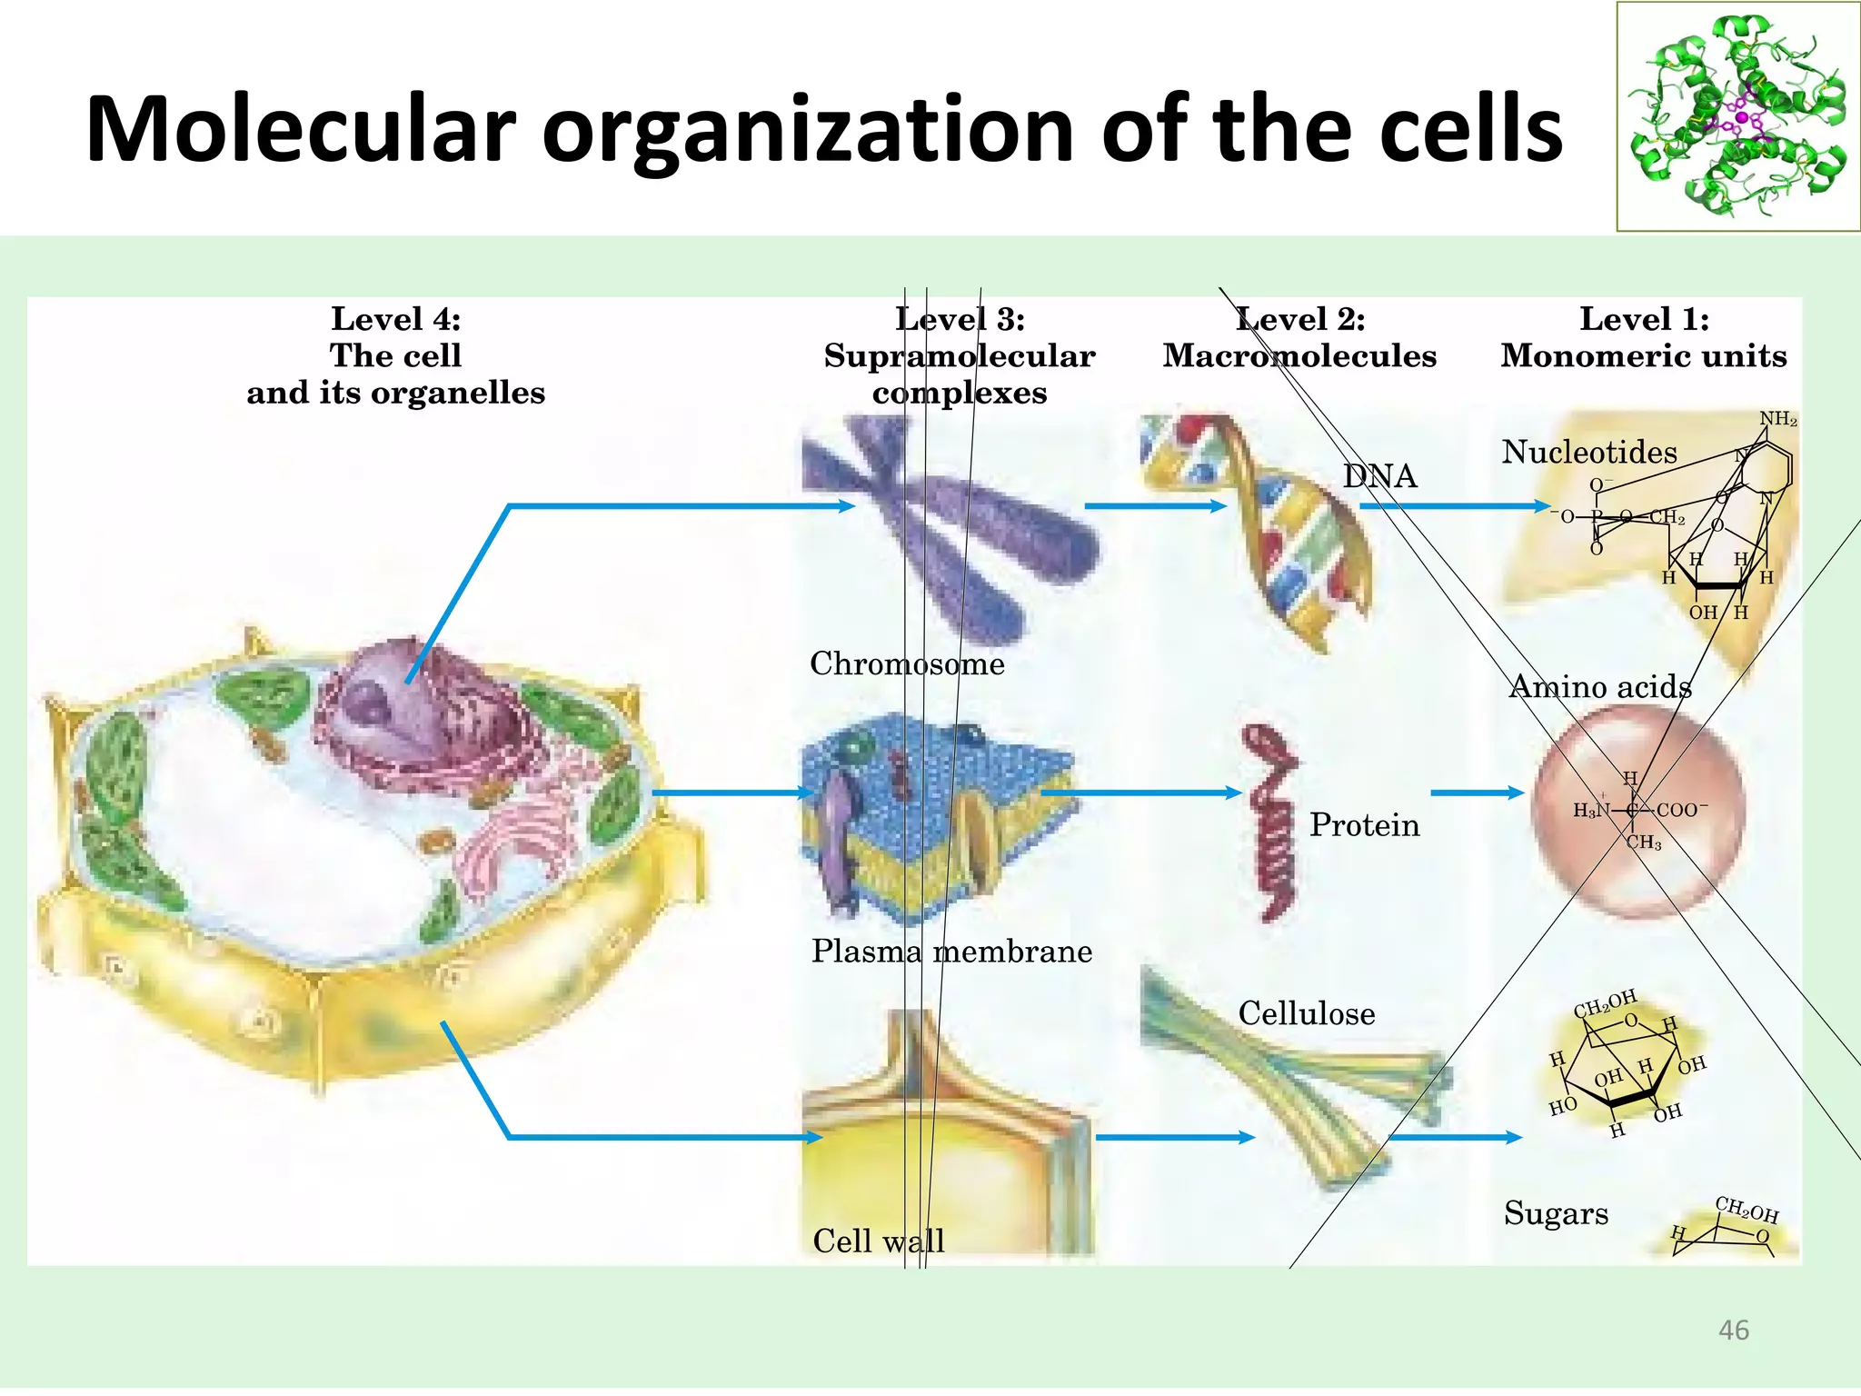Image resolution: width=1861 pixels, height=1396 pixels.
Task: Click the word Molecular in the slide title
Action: click(300, 129)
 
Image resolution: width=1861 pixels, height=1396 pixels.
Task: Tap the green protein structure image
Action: click(1737, 116)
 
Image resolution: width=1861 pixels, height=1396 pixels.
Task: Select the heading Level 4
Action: click(395, 319)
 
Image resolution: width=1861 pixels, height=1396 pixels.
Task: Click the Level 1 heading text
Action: click(1644, 319)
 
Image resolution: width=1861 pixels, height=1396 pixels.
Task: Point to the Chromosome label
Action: click(907, 663)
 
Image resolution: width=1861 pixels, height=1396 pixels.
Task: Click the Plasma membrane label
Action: click(951, 951)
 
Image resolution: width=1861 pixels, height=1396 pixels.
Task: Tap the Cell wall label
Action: click(878, 1241)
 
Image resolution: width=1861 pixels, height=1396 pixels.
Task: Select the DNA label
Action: click(1379, 476)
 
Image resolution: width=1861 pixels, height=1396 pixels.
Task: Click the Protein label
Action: click(1364, 825)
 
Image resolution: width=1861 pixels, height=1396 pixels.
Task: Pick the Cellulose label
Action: click(1306, 1013)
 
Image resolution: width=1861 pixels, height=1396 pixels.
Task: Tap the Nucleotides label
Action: click(1588, 452)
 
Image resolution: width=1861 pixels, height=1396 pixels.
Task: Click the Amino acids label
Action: click(1600, 687)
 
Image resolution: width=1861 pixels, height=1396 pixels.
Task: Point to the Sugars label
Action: click(1556, 1213)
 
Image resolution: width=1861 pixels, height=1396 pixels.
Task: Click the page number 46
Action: click(1734, 1331)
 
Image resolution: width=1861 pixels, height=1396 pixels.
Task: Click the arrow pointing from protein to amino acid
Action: click(1477, 793)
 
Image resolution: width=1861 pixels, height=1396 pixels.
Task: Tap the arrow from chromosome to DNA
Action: click(1154, 506)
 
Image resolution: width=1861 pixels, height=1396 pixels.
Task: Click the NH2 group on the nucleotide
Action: click(1777, 419)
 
